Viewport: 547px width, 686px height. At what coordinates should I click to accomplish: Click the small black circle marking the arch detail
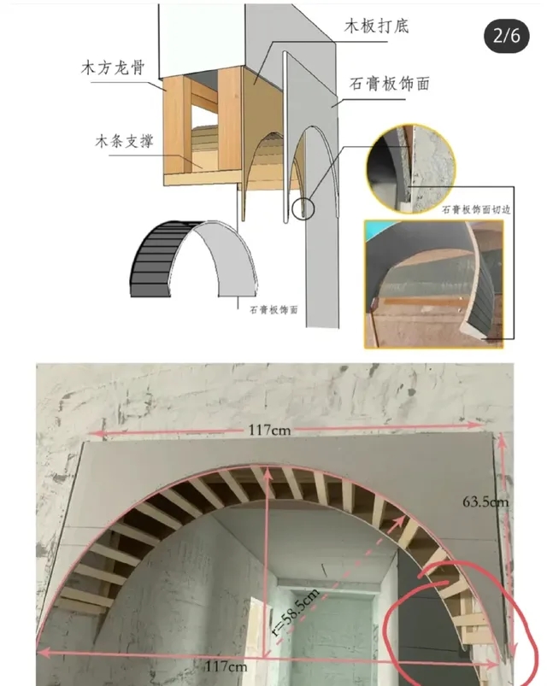[x=302, y=208]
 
